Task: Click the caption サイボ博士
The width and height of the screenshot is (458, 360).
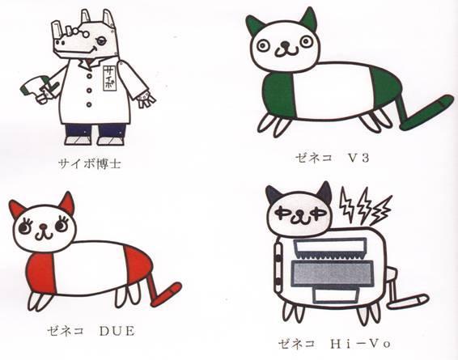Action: pyautogui.click(x=90, y=163)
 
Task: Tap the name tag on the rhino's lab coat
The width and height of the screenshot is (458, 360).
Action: pyautogui.click(x=109, y=78)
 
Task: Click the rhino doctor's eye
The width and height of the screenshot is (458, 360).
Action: pyautogui.click(x=101, y=41)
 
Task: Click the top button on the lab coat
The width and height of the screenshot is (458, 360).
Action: pyautogui.click(x=89, y=76)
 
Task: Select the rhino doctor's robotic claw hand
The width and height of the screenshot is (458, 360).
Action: pyautogui.click(x=146, y=99)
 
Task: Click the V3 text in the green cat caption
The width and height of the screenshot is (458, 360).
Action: pyautogui.click(x=358, y=158)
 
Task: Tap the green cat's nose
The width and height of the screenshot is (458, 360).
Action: pyautogui.click(x=284, y=45)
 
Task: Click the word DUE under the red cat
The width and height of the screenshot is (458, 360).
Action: pyautogui.click(x=117, y=331)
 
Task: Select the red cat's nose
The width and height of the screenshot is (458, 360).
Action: pyautogui.click(x=44, y=226)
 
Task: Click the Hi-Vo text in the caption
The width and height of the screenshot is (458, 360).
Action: pyautogui.click(x=360, y=344)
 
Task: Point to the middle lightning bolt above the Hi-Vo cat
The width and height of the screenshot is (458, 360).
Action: pyautogui.click(x=363, y=205)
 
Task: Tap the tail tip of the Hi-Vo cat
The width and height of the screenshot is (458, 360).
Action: pyautogui.click(x=422, y=299)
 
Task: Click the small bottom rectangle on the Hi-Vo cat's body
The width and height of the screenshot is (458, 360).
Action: pyautogui.click(x=336, y=295)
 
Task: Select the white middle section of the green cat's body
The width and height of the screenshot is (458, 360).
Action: pyautogui.click(x=333, y=91)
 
